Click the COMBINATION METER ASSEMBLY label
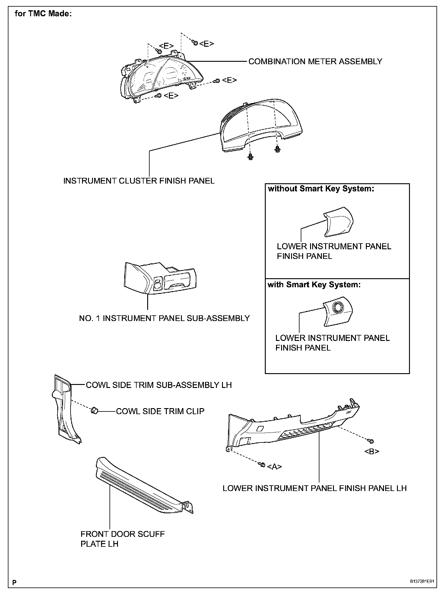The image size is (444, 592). [x=315, y=61]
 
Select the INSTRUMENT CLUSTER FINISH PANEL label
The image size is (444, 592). [x=139, y=181]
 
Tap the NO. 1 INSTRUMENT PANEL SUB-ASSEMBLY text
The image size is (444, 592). [x=164, y=318]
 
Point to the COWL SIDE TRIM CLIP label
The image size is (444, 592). [x=160, y=411]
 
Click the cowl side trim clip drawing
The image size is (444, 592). [x=94, y=410]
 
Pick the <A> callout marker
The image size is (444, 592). [x=274, y=467]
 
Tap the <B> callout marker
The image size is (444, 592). [x=372, y=451]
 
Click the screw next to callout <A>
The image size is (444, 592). [x=262, y=465]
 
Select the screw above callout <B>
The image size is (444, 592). [x=371, y=441]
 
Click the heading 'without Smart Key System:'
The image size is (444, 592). [x=321, y=189]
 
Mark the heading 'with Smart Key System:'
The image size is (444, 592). [x=314, y=285]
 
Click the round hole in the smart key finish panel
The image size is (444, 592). [x=337, y=307]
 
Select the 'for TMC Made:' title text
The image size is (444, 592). [x=43, y=14]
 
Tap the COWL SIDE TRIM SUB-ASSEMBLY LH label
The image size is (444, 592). [x=159, y=385]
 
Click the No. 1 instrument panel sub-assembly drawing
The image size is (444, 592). [x=160, y=278]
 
